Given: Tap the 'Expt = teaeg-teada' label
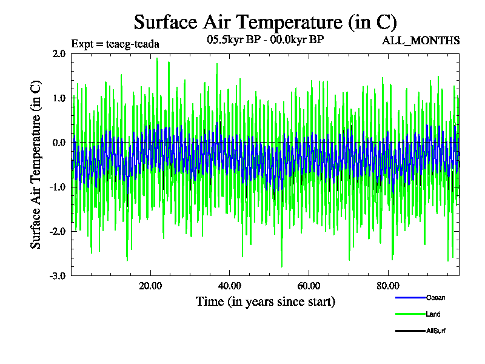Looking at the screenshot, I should pos(115,44).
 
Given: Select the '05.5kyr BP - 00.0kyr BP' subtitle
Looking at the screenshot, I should pos(265,40).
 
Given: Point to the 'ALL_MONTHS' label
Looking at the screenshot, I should pos(421,41).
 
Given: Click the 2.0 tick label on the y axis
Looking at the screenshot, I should pos(59,53).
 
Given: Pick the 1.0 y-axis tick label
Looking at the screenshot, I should pos(59,98).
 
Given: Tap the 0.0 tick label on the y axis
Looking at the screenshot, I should pos(59,143).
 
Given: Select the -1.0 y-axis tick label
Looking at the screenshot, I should pos(58,187).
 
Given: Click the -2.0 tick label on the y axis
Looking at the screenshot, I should pos(58,231).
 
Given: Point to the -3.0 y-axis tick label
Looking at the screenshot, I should pos(58,275).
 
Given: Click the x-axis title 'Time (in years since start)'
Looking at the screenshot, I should pos(265,301).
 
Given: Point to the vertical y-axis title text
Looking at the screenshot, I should pos(36,164).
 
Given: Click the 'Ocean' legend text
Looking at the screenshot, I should pos(435,297).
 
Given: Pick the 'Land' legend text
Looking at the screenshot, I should pos(433,314).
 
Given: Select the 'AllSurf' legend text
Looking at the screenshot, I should pos(436,331).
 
